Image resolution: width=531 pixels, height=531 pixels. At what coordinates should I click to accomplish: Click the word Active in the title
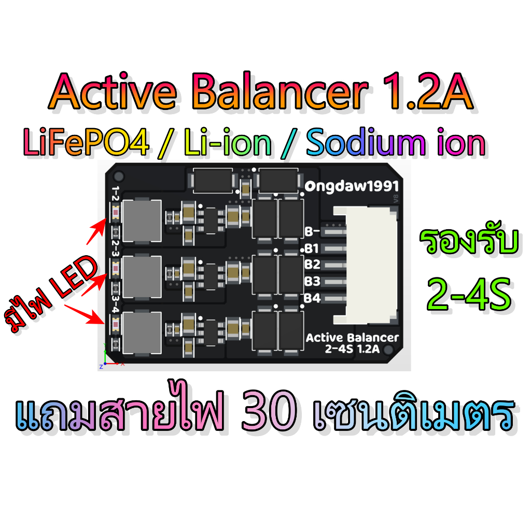(x=113, y=91)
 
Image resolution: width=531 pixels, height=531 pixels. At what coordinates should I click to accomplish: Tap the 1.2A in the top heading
(x=428, y=91)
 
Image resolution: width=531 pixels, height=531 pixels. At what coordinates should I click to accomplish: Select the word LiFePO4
(x=86, y=143)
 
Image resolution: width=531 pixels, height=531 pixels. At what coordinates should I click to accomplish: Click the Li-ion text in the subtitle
(x=228, y=143)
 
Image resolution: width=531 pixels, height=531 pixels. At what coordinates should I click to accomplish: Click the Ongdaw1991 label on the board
(x=352, y=186)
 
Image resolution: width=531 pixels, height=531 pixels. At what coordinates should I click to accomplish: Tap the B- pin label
(x=312, y=232)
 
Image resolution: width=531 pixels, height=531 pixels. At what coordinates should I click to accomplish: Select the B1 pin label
(x=312, y=248)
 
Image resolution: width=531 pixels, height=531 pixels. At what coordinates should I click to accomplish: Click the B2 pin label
(x=312, y=264)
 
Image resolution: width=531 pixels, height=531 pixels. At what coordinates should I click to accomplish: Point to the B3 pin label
(x=312, y=281)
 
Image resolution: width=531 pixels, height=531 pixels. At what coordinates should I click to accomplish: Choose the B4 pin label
(x=312, y=298)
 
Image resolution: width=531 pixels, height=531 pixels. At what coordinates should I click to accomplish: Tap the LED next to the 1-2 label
(x=116, y=212)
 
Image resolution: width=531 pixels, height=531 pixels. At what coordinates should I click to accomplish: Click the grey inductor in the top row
(x=142, y=221)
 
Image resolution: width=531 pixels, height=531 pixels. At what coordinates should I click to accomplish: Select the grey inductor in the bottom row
(x=142, y=333)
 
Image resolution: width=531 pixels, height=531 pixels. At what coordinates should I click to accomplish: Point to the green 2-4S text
(x=469, y=294)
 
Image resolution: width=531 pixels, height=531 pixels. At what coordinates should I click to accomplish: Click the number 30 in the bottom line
(x=269, y=410)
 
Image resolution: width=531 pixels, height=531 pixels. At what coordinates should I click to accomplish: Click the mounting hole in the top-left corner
(x=119, y=176)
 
